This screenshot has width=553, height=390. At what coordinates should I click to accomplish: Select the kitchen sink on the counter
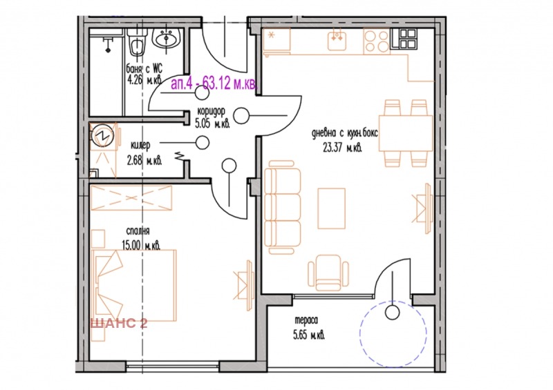coord(337,41)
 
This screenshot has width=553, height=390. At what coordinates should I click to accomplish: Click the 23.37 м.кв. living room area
coord(342,148)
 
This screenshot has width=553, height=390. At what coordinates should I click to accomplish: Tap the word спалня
coord(138,231)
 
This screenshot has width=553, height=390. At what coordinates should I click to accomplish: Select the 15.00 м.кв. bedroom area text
coord(141,245)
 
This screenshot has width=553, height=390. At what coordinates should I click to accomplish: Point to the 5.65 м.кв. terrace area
coord(309,335)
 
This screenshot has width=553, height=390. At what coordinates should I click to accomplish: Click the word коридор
coord(211,111)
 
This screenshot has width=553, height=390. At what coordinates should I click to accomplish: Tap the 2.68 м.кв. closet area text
coord(144,161)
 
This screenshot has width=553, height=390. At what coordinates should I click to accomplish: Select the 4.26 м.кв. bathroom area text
coord(144,80)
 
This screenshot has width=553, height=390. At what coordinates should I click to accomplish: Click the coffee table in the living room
coord(332,208)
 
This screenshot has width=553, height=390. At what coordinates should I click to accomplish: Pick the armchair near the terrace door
coord(328,273)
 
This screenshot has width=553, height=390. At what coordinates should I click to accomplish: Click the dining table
coord(406,133)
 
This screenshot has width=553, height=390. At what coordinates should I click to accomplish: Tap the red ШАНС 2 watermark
coord(119,323)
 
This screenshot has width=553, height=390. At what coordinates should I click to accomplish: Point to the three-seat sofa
coord(282,207)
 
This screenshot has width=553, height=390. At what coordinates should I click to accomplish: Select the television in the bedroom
coord(245,280)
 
